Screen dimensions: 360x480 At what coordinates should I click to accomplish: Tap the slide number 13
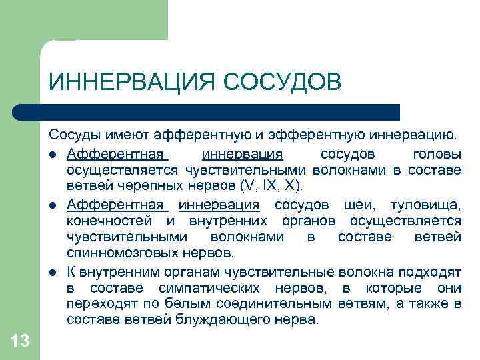(20, 341)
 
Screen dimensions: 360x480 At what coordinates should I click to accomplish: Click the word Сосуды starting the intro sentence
(73, 137)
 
